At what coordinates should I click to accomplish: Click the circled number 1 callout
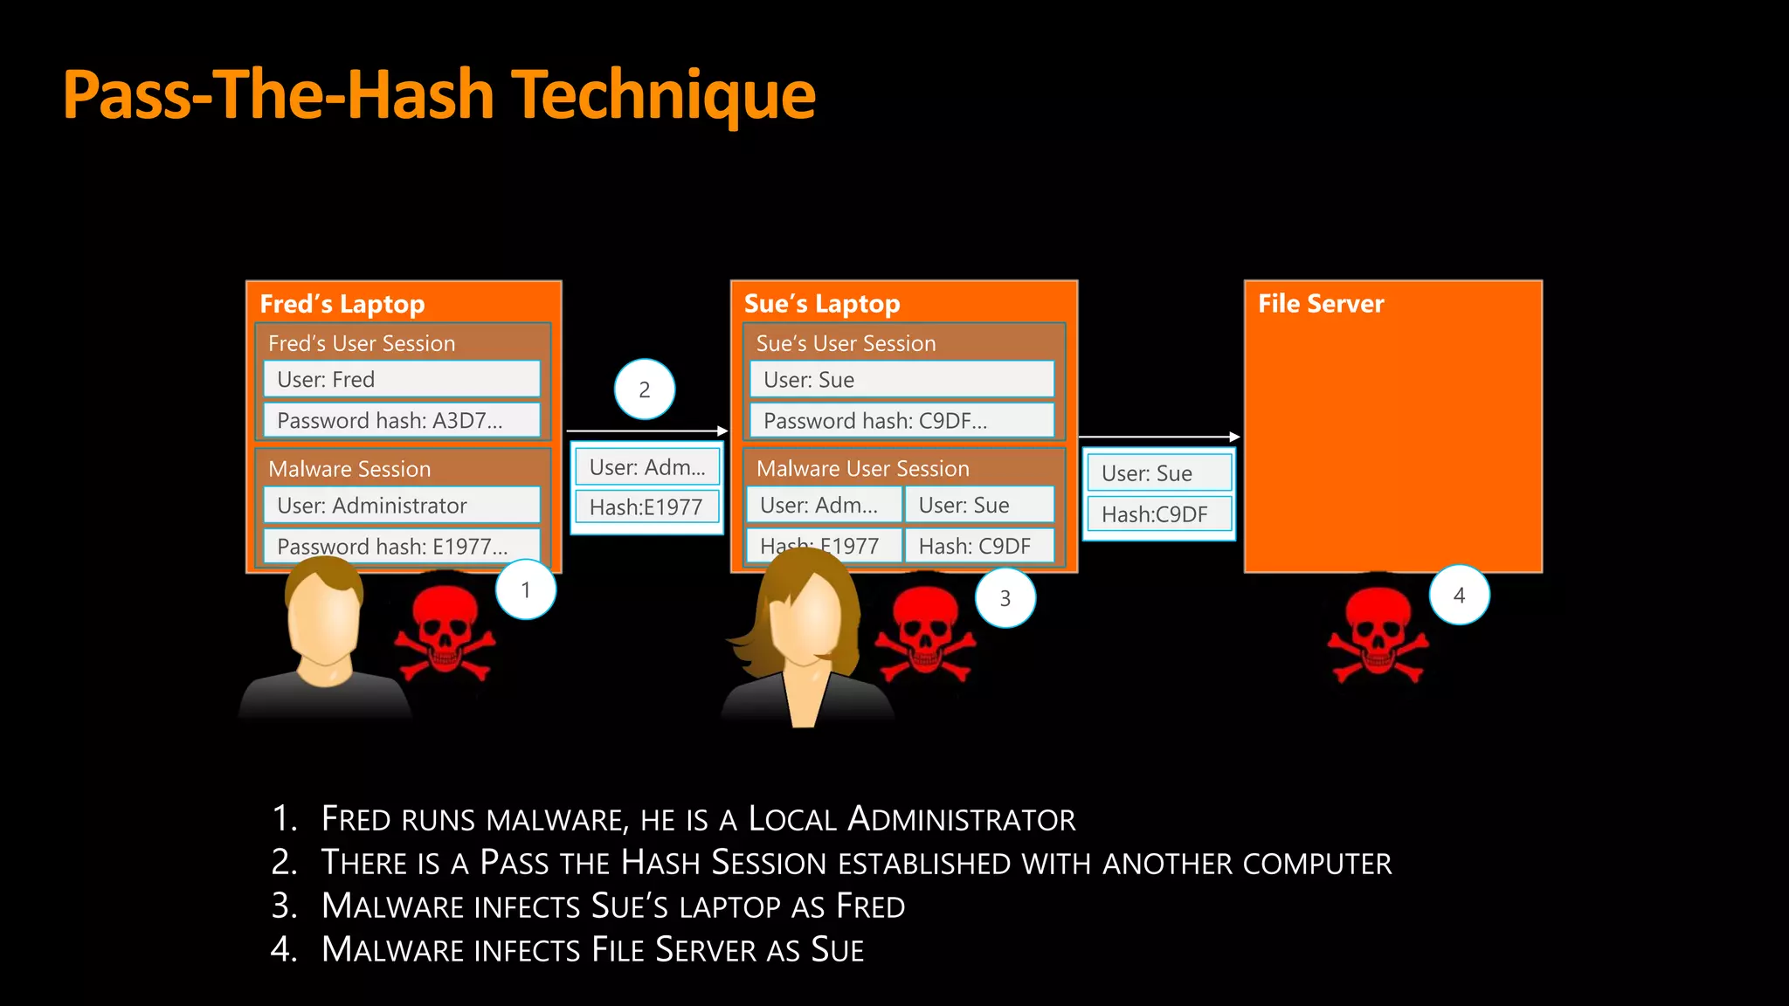point(526,590)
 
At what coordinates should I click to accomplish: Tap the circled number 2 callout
point(645,389)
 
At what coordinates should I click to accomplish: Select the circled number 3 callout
point(1005,598)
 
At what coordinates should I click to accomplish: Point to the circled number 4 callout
point(1459,596)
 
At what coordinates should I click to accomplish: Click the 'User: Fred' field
point(402,379)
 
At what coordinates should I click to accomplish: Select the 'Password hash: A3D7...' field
point(402,420)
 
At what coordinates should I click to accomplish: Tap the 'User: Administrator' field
point(402,505)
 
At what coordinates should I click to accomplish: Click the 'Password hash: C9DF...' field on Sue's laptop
point(901,421)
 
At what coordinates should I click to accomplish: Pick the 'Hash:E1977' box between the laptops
point(646,506)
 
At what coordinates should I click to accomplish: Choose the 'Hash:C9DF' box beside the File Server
point(1159,514)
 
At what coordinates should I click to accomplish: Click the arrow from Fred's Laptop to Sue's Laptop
point(646,431)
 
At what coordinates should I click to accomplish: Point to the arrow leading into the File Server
point(1159,437)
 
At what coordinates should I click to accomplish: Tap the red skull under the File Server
point(1378,634)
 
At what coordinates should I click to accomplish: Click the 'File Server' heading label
point(1321,304)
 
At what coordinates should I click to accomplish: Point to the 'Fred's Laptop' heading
point(342,304)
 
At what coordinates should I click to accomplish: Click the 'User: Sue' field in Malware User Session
point(978,505)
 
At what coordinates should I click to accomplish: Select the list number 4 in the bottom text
point(283,949)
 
